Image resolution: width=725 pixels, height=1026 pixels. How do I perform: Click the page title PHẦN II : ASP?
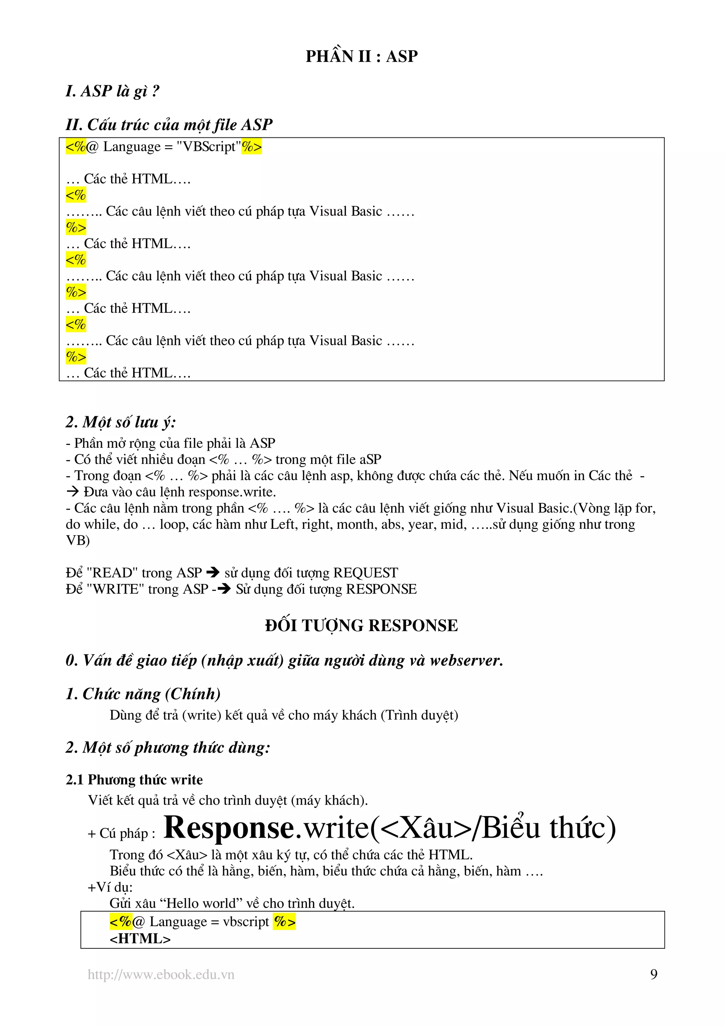pos(361,56)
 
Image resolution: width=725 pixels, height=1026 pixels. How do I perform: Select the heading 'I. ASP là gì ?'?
pos(112,91)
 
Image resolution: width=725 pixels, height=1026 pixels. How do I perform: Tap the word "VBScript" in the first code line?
pos(209,147)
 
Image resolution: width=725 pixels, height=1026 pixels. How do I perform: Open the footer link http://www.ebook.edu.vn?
pos(161,974)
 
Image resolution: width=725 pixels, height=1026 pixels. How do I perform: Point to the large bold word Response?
pos(229,828)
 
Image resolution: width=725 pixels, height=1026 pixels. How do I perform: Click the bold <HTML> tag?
pos(140,939)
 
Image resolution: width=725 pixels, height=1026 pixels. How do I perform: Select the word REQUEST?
pos(365,572)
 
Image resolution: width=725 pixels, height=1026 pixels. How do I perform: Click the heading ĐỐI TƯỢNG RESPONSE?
pos(361,625)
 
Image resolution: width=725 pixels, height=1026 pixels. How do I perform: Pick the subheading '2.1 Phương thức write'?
pos(134,780)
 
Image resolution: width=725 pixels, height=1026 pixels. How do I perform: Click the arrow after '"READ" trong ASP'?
pos(213,572)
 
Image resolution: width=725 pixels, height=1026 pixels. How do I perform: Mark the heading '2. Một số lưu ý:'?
pos(121,422)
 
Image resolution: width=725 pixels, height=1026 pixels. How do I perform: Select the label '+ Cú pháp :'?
pos(121,833)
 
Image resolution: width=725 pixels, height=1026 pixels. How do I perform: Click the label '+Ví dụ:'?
pos(110,887)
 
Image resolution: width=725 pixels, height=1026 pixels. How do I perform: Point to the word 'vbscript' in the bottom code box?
pos(246,922)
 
